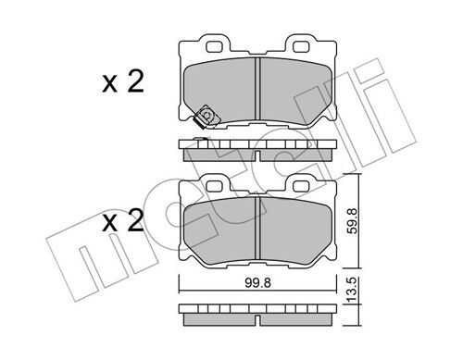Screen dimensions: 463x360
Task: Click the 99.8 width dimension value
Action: pyautogui.click(x=258, y=282)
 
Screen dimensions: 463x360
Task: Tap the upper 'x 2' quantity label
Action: pyautogui.click(x=123, y=81)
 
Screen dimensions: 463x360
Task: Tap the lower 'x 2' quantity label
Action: pyautogui.click(x=123, y=221)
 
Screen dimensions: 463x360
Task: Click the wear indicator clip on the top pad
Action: pyautogui.click(x=206, y=117)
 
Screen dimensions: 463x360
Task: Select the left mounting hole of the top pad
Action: pyautogui.click(x=214, y=46)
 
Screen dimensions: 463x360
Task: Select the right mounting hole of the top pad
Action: pyautogui.click(x=301, y=46)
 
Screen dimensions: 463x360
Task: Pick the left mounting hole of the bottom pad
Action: pyautogui.click(x=214, y=186)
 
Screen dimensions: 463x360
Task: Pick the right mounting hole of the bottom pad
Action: pyautogui.click(x=301, y=186)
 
